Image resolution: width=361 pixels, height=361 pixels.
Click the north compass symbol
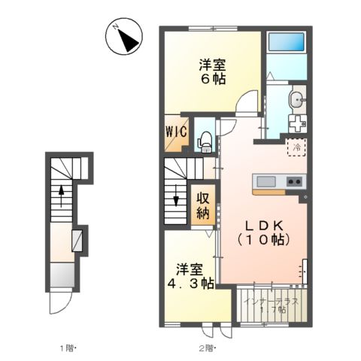(x=124, y=36)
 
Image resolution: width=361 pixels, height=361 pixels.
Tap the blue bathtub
(x=287, y=41)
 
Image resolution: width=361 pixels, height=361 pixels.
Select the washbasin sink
(x=297, y=99)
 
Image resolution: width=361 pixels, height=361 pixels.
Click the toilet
(x=205, y=142)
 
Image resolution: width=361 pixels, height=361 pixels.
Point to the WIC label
(x=177, y=132)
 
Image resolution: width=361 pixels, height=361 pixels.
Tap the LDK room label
(x=264, y=233)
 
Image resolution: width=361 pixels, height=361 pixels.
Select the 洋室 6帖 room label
(x=213, y=71)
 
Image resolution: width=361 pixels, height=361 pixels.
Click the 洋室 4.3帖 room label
(x=190, y=277)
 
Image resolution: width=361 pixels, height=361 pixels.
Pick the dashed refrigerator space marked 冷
(x=297, y=147)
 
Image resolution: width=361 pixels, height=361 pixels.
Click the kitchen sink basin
(x=266, y=181)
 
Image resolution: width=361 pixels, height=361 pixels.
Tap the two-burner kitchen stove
(x=295, y=181)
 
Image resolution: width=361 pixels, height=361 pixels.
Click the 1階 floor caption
(x=67, y=348)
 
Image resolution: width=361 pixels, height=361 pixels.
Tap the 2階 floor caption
(x=207, y=348)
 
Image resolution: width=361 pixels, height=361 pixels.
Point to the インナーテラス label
(x=272, y=301)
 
